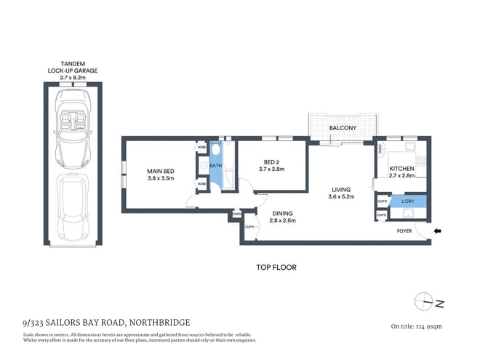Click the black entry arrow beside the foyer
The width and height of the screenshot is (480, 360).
coord(436,231)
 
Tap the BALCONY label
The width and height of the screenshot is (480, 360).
coord(342,129)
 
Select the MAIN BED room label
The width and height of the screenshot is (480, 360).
coord(161,172)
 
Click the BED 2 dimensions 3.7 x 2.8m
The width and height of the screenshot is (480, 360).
coord(271,169)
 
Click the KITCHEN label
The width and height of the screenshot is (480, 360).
coord(401,169)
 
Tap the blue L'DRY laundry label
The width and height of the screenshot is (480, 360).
coord(407,200)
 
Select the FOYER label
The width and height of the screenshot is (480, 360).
coord(404,231)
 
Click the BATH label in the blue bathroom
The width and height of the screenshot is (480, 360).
coord(215,166)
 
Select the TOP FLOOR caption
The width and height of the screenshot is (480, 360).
coord(276,267)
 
